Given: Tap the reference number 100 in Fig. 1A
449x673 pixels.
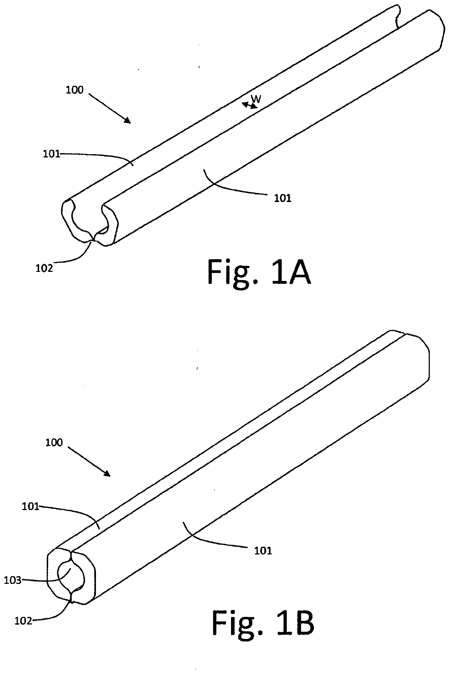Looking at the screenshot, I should (x=75, y=90).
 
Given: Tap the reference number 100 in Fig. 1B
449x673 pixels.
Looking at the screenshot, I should (x=54, y=442).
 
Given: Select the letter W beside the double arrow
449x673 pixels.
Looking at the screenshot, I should (x=256, y=98).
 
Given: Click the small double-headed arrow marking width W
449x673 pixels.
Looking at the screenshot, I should (x=250, y=105).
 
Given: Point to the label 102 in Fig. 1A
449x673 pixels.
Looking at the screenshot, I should (x=44, y=268).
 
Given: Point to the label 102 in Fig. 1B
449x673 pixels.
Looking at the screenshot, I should (x=24, y=621).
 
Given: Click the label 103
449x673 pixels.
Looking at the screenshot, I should (x=13, y=580).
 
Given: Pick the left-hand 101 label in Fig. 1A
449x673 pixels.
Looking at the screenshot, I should (x=52, y=154).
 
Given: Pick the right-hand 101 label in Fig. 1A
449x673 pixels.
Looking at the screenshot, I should (x=283, y=198).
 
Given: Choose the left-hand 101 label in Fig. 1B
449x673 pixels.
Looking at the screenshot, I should (x=31, y=506).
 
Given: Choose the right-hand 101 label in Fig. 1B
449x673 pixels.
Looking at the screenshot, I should (x=263, y=551).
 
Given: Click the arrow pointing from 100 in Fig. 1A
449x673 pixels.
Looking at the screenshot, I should (x=110, y=108).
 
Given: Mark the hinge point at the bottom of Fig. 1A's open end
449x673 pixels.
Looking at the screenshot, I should (x=94, y=239).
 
